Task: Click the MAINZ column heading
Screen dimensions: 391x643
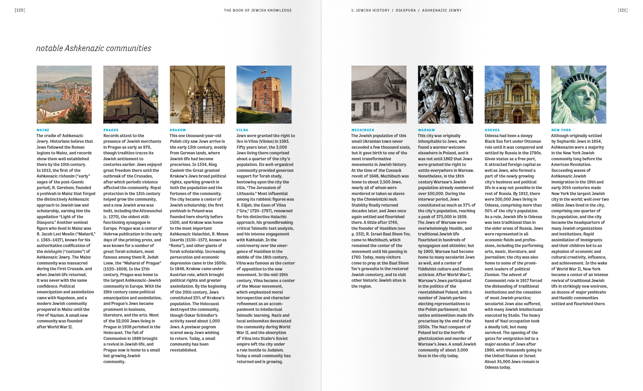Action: pyautogui.click(x=43, y=130)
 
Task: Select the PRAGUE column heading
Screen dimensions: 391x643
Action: pyautogui.click(x=111, y=130)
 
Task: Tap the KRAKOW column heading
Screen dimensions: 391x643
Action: pyautogui.click(x=178, y=130)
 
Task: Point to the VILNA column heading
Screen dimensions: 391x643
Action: pyautogui.click(x=242, y=130)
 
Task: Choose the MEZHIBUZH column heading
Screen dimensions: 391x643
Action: pyautogui.click(x=363, y=130)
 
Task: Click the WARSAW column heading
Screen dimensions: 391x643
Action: pyautogui.click(x=426, y=130)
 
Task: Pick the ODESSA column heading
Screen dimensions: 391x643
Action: pyautogui.click(x=492, y=130)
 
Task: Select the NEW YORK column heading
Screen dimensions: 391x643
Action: pyautogui.click(x=561, y=130)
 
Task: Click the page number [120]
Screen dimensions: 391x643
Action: pyautogui.click(x=20, y=10)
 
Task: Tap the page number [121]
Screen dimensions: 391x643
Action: pyautogui.click(x=623, y=10)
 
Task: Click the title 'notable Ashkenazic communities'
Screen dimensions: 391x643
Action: pyautogui.click(x=93, y=48)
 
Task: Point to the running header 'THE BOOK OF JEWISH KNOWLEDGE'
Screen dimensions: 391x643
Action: pyautogui.click(x=258, y=10)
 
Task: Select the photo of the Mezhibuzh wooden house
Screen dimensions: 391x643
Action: pyautogui.click(x=379, y=95)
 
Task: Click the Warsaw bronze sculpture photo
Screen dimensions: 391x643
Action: pyautogui.click(x=445, y=95)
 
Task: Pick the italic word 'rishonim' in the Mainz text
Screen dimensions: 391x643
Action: pyautogui.click(x=66, y=176)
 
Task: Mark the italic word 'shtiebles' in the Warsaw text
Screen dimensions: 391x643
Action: pyautogui.click(x=457, y=246)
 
